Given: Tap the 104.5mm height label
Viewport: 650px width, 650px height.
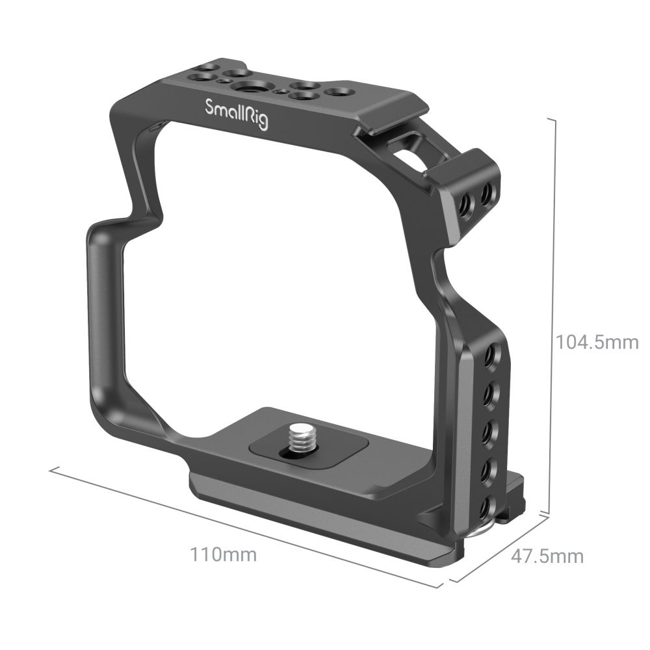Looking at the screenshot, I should tap(597, 342).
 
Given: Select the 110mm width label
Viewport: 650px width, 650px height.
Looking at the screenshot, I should tap(223, 555).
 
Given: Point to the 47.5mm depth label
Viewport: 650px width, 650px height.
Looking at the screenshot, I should tap(547, 556).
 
